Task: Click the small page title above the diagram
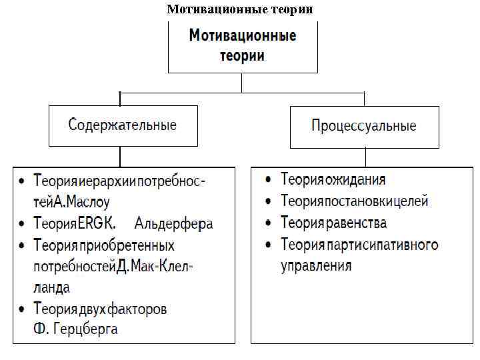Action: pyautogui.click(x=239, y=9)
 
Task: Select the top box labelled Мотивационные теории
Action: pyautogui.click(x=243, y=46)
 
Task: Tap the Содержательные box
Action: pyautogui.click(x=123, y=125)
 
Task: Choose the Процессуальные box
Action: pyautogui.click(x=364, y=126)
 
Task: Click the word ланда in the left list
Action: pyautogui.click(x=53, y=287)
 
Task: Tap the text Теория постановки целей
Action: pyautogui.click(x=355, y=201)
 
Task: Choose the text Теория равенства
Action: pyautogui.click(x=334, y=223)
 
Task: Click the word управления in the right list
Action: pyautogui.click(x=316, y=265)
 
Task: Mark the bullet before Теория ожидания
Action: pyautogui.click(x=267, y=180)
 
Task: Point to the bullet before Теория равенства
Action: pyautogui.click(x=267, y=223)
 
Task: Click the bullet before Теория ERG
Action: pyautogui.click(x=22, y=223)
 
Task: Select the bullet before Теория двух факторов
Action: pyautogui.click(x=22, y=309)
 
